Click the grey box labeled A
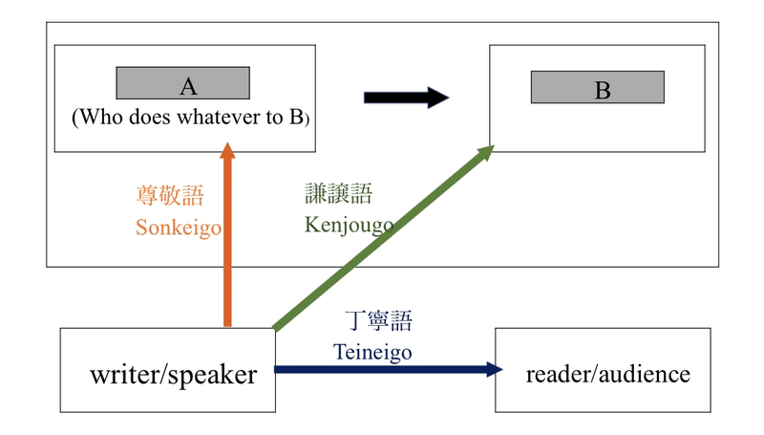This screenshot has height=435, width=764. point(183,84)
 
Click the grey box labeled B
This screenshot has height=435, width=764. point(597,88)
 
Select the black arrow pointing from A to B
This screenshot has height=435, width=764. point(406,98)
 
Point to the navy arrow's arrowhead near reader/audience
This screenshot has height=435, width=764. point(494,369)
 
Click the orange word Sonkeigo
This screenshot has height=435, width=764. point(179,228)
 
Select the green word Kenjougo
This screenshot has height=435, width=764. point(349,225)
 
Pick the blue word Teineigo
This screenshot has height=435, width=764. point(372,352)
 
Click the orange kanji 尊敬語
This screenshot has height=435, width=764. point(170,197)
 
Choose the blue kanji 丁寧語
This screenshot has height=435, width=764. point(378,321)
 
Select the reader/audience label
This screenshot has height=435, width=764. point(607,373)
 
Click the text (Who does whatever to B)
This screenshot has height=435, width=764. point(191,118)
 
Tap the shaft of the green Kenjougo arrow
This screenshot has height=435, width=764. point(382,239)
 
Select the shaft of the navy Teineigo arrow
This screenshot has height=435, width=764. point(382,369)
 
